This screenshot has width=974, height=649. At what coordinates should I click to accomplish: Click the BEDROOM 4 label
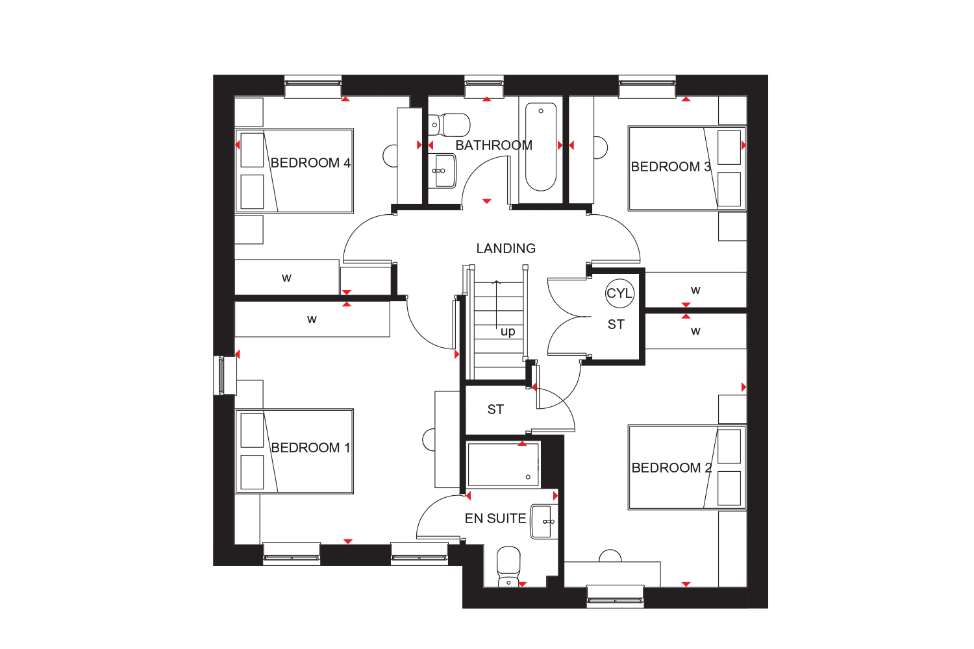[x=310, y=163]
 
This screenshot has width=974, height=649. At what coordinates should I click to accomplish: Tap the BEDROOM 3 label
[x=671, y=167]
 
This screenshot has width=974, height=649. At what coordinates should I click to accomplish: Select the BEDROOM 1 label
[x=310, y=448]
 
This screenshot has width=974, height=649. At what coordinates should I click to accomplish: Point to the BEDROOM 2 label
[x=671, y=468]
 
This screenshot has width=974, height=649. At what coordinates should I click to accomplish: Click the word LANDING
[x=506, y=248]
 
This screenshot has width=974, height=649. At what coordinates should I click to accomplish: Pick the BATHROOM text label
[x=493, y=145]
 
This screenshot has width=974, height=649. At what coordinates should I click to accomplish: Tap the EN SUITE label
[x=495, y=518]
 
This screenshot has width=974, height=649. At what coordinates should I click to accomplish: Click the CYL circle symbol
[x=619, y=293]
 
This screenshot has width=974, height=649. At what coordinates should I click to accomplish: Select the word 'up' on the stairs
[x=508, y=332]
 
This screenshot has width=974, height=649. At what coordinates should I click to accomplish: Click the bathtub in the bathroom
[x=540, y=147]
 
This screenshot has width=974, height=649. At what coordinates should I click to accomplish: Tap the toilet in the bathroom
[x=449, y=125]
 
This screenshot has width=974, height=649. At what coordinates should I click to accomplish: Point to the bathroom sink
[x=443, y=171]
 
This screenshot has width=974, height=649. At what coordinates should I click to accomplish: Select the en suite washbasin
[x=544, y=522]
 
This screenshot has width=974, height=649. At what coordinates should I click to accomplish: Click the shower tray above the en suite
[x=503, y=464]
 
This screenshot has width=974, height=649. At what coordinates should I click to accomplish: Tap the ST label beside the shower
[x=495, y=410]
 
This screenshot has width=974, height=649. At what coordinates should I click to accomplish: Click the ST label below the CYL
[x=616, y=324]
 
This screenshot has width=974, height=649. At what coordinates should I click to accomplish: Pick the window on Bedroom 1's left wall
[x=222, y=376]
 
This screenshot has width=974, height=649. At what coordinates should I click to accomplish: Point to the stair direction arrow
[x=496, y=304]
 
